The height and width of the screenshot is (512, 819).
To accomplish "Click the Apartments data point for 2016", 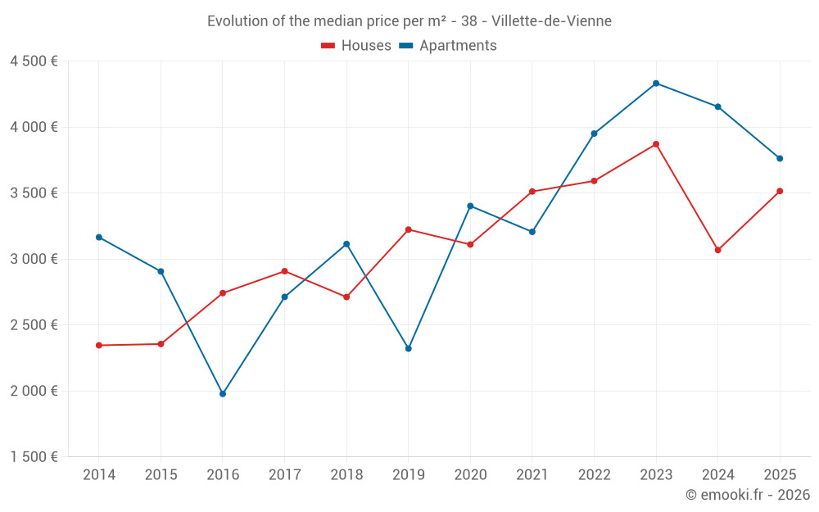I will (223, 394).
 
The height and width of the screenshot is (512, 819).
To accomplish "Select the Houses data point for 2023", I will (656, 144).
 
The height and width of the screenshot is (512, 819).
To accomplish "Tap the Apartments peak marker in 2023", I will (656, 84).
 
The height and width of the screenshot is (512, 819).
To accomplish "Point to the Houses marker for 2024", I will (718, 250).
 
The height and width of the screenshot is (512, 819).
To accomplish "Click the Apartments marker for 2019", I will (409, 349).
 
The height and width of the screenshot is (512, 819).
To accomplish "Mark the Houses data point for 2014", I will (99, 346).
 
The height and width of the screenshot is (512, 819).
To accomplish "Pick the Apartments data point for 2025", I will (780, 158).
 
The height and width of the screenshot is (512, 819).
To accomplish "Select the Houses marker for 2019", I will (409, 229).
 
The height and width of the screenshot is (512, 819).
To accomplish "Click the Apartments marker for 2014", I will (99, 238).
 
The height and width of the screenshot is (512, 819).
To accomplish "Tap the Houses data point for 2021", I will (532, 192).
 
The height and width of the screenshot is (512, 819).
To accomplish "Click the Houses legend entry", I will (356, 46).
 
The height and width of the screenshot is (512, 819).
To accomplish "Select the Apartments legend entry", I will (448, 46).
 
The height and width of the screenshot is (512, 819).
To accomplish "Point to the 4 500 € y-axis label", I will (34, 61).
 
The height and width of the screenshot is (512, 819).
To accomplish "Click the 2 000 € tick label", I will (34, 391).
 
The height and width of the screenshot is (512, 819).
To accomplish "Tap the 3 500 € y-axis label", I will (34, 193).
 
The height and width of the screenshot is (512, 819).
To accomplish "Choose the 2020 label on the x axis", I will (470, 475).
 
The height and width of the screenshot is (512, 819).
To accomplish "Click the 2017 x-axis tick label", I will (284, 475).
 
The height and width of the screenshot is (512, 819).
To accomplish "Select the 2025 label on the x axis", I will (780, 475).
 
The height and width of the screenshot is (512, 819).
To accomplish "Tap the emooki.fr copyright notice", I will (748, 495).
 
